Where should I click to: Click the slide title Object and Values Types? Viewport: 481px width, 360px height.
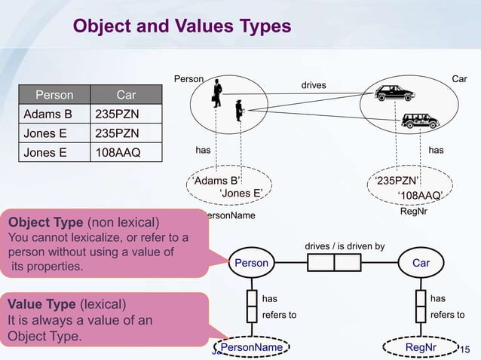(181, 27)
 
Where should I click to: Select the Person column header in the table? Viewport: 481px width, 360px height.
(55, 96)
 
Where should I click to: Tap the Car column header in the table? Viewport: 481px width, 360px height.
(125, 96)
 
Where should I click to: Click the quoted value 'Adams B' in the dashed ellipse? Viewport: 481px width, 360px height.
(216, 181)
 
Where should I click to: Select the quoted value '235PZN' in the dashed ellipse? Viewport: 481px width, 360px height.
(398, 181)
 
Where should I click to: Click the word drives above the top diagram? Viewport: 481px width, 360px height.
(314, 85)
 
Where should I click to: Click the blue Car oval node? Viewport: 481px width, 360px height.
(421, 263)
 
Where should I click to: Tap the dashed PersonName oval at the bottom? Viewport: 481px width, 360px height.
(252, 347)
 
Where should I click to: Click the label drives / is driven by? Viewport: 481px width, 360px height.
(345, 246)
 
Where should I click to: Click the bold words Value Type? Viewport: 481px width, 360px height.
(42, 304)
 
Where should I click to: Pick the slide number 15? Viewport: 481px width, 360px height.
(464, 348)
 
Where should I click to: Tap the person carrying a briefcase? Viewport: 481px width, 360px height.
(216, 93)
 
